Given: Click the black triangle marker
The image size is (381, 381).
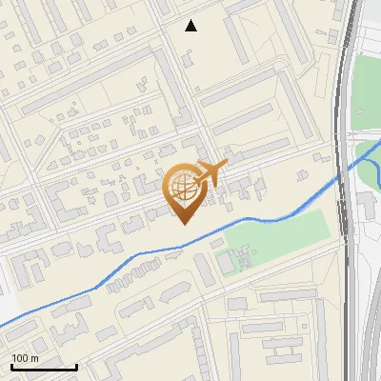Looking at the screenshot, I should tap(191, 26).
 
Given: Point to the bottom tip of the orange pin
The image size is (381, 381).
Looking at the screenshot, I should tap(183, 223).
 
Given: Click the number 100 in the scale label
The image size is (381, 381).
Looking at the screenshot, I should tap(20, 358).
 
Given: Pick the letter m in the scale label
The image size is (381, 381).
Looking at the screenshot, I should tap(35, 358).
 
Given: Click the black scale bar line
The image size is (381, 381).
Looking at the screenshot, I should tap(43, 367).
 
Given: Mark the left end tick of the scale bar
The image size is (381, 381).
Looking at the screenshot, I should tap(11, 365).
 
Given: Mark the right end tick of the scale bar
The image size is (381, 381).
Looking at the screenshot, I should tap(76, 365).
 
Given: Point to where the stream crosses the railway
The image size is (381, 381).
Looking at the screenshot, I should tap(340, 178).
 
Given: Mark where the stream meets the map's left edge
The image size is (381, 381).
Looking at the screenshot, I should tap(1, 327).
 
